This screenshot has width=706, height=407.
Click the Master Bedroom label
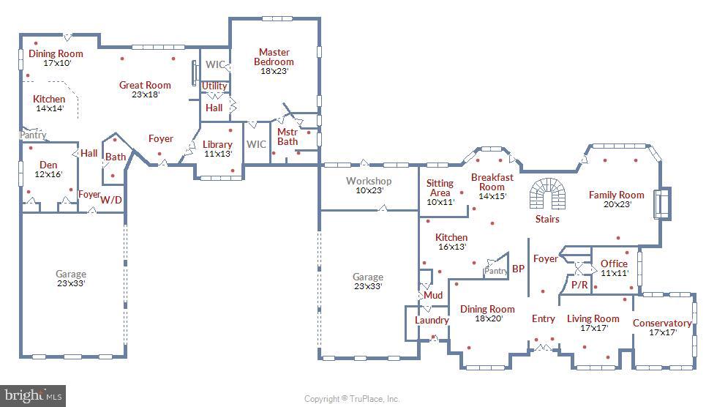pyautogui.click(x=274, y=57)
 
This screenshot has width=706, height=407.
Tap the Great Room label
pyautogui.click(x=145, y=85)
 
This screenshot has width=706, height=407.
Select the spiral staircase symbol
pyautogui.click(x=547, y=193)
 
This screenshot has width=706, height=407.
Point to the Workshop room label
pyautogui.click(x=369, y=181)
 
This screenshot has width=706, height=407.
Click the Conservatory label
pyautogui.click(x=662, y=323)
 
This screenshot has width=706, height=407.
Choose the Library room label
pyautogui.click(x=217, y=144)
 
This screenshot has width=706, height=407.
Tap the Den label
pyautogui.click(x=48, y=165)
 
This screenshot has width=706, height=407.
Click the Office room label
pyautogui.click(x=614, y=264)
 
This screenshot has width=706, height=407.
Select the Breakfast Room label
pyautogui.click(x=492, y=182)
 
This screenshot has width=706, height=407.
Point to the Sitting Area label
pyautogui.click(x=440, y=188)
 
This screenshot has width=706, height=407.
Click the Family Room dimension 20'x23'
pyautogui.click(x=617, y=204)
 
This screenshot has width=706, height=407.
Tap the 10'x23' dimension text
pyautogui.click(x=369, y=190)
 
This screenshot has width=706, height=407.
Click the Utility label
pyautogui.click(x=214, y=86)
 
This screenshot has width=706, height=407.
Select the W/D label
pyautogui.click(x=111, y=200)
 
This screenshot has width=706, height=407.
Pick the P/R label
pyautogui.click(x=579, y=285)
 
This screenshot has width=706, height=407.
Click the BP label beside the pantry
pyautogui.click(x=518, y=269)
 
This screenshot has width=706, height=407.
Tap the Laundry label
pyautogui.click(x=432, y=320)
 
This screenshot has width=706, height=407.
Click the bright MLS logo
pyautogui.click(x=33, y=396)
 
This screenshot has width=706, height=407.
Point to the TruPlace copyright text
pyautogui.click(x=352, y=399)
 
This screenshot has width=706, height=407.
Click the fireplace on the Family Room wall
pyautogui.click(x=663, y=203)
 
